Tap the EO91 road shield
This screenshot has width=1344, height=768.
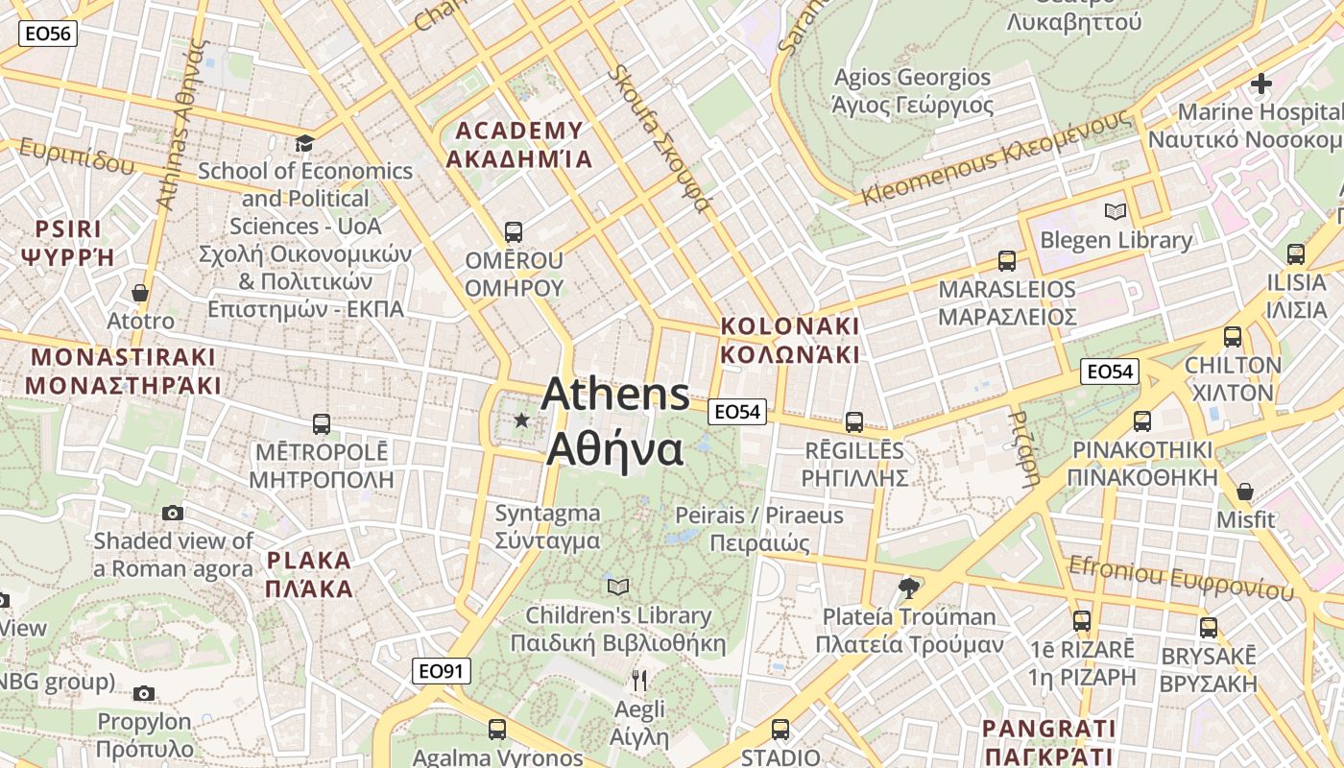pos(442,671)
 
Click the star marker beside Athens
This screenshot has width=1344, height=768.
pos(521,420)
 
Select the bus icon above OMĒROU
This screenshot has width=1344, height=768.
pos(514,231)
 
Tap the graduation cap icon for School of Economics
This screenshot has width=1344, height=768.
pos(304,143)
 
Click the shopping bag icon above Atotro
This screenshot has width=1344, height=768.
pos(140,293)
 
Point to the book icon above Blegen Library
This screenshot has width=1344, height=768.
pos(1115,211)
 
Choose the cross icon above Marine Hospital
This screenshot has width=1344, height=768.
pos(1260,84)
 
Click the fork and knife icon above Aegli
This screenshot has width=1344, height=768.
pos(639,681)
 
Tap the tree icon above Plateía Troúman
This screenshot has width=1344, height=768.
pos(908,588)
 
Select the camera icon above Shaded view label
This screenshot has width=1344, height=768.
pos(173,513)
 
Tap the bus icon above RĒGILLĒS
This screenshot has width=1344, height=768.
pos(853,421)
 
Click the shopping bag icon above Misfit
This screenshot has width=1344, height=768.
pos(1245,492)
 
